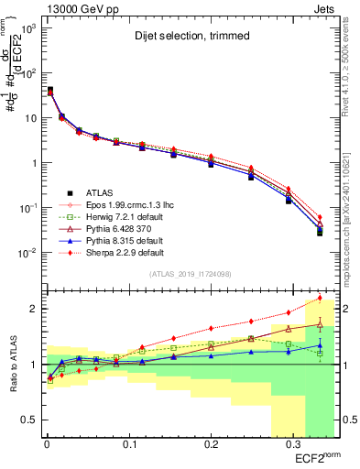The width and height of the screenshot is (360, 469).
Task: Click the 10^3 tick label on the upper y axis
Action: [27, 28]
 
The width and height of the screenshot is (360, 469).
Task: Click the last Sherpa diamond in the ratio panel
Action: [319, 298]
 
